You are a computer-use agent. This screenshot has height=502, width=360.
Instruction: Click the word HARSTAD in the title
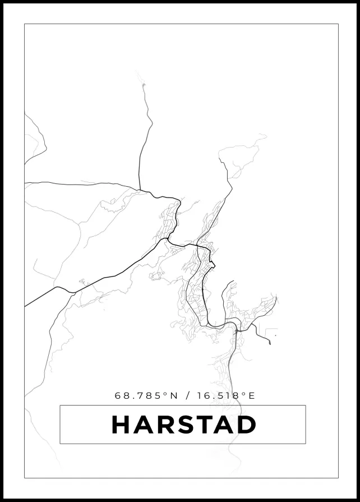point(183,425)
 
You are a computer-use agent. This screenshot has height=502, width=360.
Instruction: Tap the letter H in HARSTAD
point(121,425)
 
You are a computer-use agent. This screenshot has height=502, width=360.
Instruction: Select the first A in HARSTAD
point(142,425)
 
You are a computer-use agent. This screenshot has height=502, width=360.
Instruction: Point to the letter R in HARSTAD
point(163,425)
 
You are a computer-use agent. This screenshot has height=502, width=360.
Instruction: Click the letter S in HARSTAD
point(183,425)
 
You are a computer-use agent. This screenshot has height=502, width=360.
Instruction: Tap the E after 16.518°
point(252,395)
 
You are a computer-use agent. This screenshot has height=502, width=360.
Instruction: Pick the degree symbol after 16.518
point(244,393)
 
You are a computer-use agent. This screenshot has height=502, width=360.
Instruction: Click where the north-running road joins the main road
point(140,190)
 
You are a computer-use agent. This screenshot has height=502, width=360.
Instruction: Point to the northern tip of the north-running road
point(143,84)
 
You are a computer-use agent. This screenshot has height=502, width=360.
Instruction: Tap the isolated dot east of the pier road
point(276,335)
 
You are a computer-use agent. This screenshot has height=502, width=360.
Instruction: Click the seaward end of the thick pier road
point(270,343)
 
